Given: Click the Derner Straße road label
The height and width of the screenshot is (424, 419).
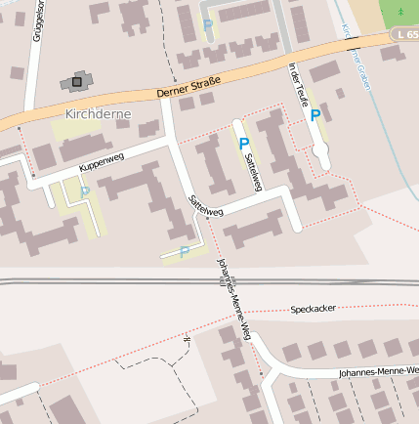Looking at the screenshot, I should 189,86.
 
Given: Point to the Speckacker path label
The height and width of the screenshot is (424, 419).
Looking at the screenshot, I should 314,308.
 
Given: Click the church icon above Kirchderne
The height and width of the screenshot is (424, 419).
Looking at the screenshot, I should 77,82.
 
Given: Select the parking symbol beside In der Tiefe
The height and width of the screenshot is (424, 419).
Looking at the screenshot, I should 314,115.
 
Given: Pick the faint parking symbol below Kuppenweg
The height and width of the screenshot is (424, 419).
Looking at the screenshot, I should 85,191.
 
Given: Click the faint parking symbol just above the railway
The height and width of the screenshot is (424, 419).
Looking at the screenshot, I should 184,252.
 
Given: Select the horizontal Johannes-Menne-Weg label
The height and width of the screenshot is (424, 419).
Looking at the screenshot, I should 378,372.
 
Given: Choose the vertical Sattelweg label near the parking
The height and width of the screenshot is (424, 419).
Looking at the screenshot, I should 254,170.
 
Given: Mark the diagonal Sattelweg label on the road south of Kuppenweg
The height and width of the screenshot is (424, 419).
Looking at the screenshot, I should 205,204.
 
